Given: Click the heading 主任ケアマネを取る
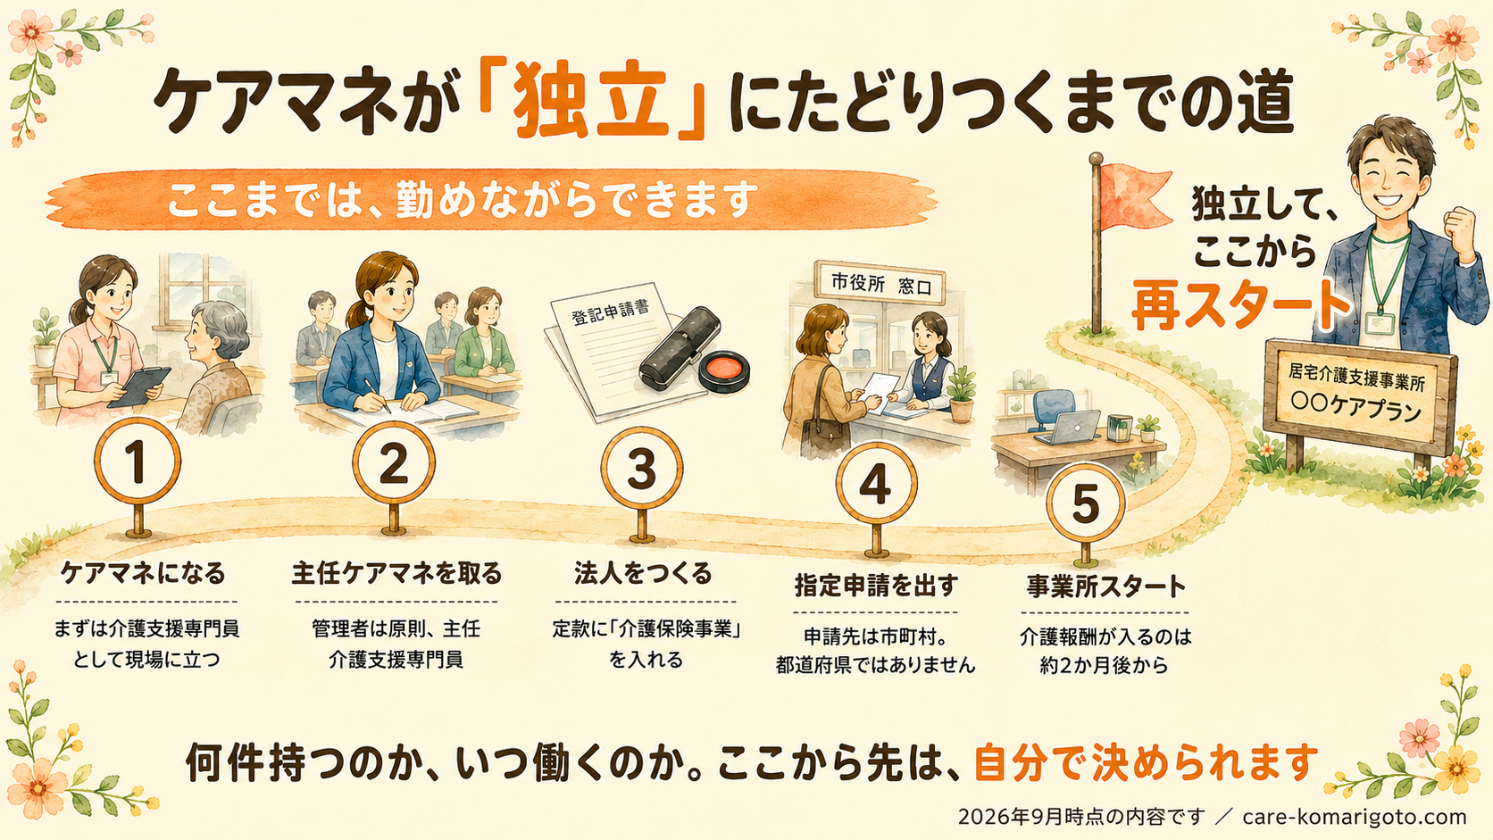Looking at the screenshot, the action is [396, 574].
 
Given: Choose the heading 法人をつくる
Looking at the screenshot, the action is [644, 574].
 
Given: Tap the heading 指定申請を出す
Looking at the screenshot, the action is [876, 585].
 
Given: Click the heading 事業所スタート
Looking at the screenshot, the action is [1105, 586].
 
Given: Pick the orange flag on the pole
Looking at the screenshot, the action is [1134, 195].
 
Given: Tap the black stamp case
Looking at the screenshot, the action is [680, 348].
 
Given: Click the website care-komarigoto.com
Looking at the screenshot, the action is [1355, 817].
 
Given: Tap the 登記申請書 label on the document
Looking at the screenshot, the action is [610, 311].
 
